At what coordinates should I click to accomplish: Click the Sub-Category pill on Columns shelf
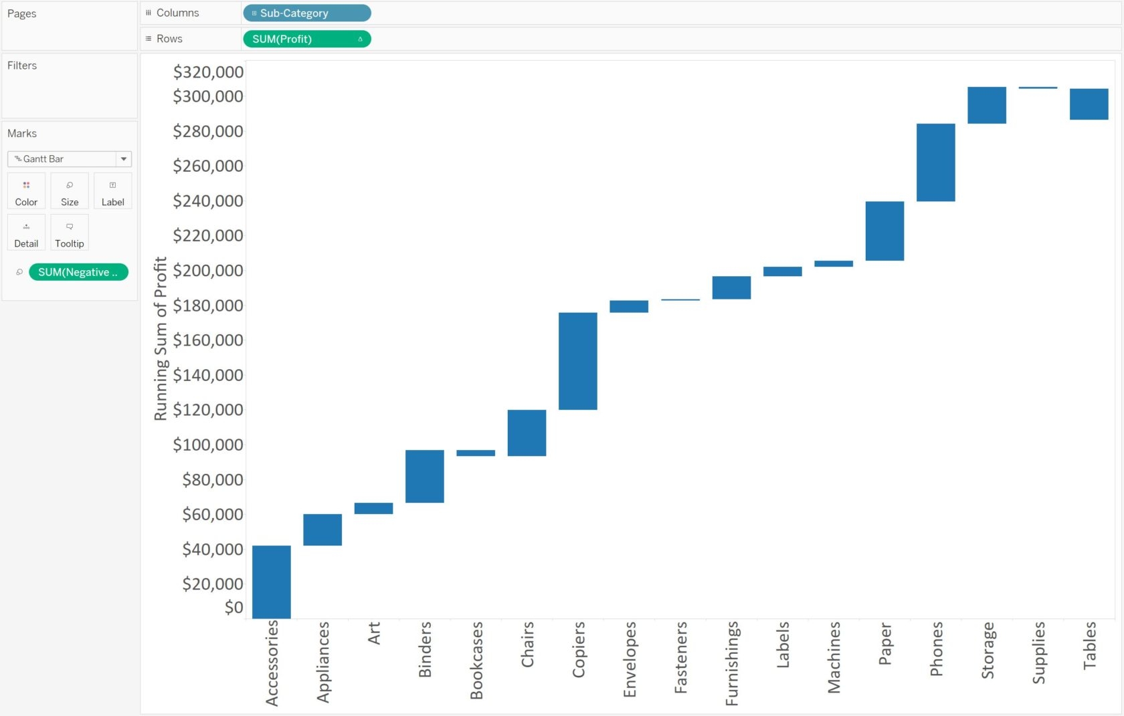[x=306, y=13]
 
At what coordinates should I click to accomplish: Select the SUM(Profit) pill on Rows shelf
[x=306, y=39]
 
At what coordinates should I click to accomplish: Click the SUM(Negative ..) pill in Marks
[x=78, y=272]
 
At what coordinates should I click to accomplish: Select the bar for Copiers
[x=578, y=361]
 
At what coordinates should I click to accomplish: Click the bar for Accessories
[x=272, y=582]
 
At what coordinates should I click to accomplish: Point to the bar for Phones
[x=935, y=162]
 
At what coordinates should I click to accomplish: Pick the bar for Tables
[x=1089, y=104]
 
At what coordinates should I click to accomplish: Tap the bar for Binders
[x=425, y=476]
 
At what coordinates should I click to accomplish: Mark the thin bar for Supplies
[x=1038, y=88]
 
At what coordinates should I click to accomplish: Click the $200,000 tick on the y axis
[x=208, y=271]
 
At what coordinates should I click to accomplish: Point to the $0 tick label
[x=233, y=607]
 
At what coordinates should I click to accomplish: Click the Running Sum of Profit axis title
[x=161, y=338]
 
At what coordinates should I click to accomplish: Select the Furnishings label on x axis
[x=732, y=663]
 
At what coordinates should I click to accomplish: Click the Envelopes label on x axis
[x=630, y=659]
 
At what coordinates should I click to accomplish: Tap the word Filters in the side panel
[x=22, y=66]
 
